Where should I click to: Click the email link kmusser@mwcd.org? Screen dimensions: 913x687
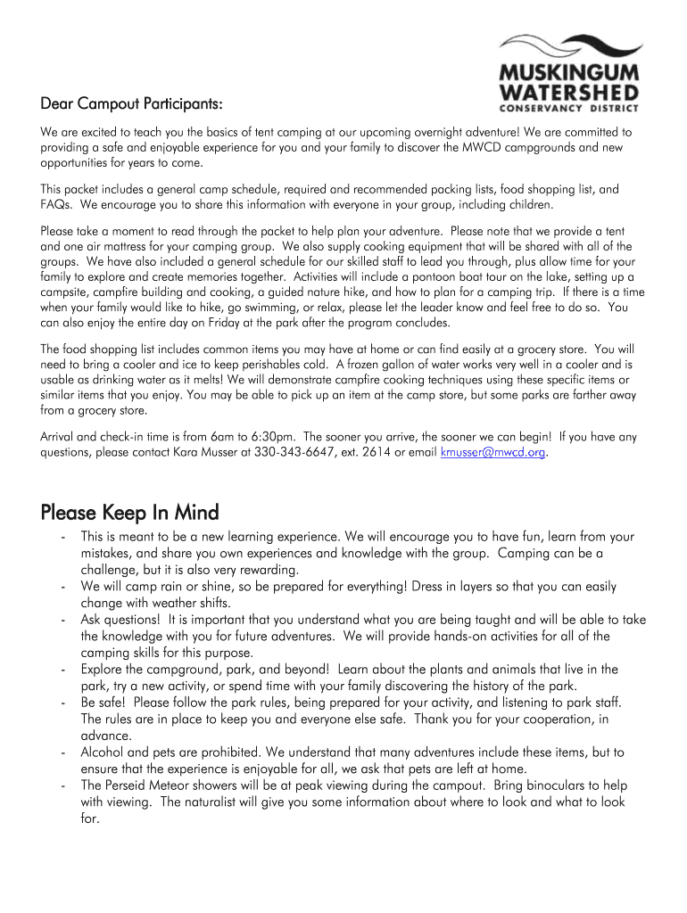(492, 453)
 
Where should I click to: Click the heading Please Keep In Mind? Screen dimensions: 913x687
(129, 513)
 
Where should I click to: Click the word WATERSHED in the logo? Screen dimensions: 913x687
(568, 92)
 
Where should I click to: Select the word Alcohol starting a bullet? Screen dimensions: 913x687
(105, 753)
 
